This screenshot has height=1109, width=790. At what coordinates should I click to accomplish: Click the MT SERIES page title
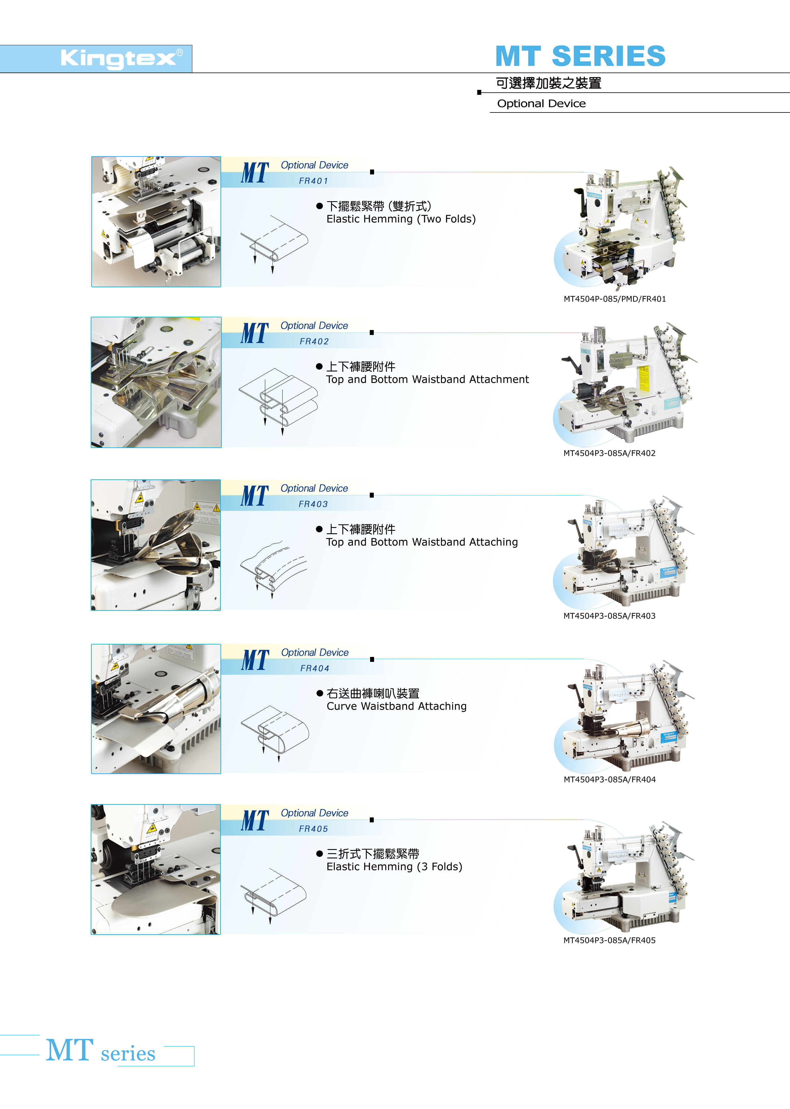coord(580,56)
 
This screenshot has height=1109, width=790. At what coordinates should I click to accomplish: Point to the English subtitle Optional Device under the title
coord(541,104)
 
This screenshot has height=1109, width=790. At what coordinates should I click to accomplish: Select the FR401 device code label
coord(314,181)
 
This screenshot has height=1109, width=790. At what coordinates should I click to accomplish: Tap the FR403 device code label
coord(313,504)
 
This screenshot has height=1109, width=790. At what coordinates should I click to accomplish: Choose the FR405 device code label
coord(313,829)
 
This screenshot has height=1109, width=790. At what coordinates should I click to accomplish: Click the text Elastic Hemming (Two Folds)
coord(401,219)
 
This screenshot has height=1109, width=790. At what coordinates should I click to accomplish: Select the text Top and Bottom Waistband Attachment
coord(427,380)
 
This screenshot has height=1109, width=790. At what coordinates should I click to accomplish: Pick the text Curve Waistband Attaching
coord(396,706)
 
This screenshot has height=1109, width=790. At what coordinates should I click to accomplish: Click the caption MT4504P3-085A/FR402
coord(609,453)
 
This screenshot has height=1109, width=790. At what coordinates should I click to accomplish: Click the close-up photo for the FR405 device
coord(156,869)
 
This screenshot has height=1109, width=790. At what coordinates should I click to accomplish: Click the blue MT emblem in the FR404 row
coord(255,660)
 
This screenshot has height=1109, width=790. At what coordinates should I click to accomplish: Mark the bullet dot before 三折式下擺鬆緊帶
coord(320,854)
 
